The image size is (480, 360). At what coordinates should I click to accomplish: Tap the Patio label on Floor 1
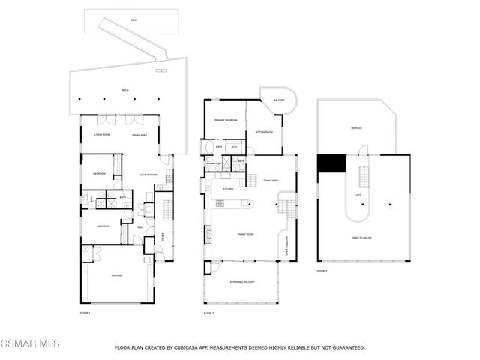point(125,91)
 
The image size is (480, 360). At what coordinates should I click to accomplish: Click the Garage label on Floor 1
point(116,276)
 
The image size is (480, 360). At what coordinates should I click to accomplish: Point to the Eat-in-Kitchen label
point(147,175)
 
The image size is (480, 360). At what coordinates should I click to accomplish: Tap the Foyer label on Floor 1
point(163,235)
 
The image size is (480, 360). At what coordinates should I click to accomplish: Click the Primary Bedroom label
point(226,120)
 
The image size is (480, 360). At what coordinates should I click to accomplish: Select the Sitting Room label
point(264,131)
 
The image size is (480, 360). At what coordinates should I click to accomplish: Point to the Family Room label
point(247,235)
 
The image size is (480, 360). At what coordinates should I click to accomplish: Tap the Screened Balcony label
point(242,282)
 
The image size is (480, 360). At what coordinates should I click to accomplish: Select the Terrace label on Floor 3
point(357,128)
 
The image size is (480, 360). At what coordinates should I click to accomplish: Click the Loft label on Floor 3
point(358,196)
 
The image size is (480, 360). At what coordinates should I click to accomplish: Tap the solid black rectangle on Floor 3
point(331,163)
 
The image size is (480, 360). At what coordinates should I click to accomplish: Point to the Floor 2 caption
point(208,312)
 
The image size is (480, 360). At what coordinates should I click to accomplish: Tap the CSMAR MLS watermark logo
point(30,343)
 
